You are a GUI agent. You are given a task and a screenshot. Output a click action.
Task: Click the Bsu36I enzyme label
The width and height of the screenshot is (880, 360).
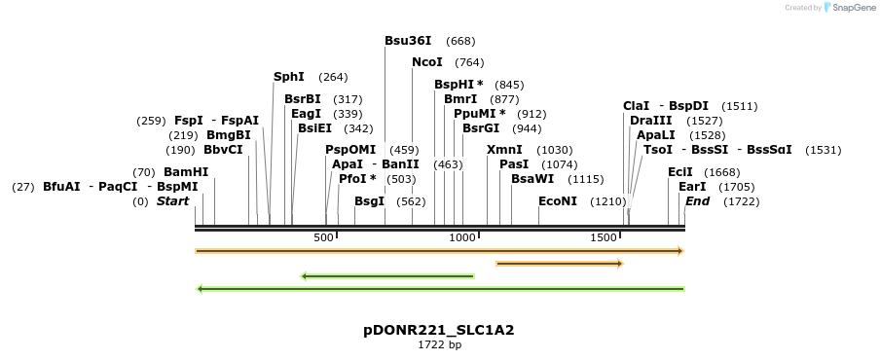(x=408, y=41)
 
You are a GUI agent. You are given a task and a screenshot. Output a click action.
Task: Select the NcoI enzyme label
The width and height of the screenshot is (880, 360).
(x=427, y=62)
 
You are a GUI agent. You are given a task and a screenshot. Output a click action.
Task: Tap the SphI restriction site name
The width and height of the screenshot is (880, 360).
(x=289, y=77)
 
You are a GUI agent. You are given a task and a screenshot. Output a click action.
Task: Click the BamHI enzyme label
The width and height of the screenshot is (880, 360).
(x=186, y=172)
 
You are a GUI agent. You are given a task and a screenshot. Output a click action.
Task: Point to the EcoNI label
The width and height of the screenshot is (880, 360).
(x=558, y=201)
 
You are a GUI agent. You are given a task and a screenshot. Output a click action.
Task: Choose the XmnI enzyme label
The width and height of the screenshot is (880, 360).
(x=504, y=150)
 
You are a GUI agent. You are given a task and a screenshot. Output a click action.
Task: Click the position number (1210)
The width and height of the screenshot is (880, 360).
(x=608, y=201)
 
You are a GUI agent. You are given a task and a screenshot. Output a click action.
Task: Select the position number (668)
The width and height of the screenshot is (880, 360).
(x=460, y=41)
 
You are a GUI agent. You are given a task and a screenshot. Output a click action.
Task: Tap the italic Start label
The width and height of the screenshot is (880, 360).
(x=172, y=201)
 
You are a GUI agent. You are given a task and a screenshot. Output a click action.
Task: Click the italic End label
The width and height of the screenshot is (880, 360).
(x=697, y=201)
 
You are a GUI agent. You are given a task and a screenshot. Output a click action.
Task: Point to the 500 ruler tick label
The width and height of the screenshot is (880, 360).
(x=324, y=238)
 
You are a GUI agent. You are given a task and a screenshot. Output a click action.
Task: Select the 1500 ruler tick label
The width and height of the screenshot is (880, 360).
(x=605, y=238)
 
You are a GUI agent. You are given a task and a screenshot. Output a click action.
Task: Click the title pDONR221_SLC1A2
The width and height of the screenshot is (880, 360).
(x=439, y=330)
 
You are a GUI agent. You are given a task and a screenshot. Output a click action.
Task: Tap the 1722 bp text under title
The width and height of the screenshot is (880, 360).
(x=439, y=344)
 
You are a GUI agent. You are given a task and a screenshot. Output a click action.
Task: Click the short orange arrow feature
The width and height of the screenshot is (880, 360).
(x=559, y=264)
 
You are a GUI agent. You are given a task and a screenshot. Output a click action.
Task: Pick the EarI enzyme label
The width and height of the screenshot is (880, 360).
(x=692, y=187)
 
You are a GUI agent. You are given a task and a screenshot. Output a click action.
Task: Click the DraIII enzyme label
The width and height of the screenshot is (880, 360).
(x=651, y=121)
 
